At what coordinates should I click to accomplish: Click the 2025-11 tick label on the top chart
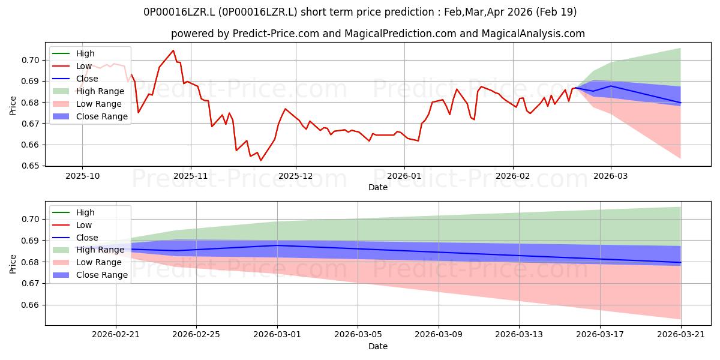[191, 176]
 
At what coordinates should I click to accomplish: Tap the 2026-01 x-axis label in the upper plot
[404, 176]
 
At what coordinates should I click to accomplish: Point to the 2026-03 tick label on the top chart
[611, 176]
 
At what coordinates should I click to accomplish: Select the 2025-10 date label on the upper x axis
[83, 176]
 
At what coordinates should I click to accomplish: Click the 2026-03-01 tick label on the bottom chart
[277, 335]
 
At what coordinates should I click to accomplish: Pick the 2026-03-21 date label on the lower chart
[681, 335]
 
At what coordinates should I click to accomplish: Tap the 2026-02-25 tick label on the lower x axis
[196, 335]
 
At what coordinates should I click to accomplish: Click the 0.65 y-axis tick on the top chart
[30, 166]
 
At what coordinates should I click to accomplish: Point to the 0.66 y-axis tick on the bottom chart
[30, 305]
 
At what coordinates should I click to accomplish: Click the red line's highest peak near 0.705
[173, 50]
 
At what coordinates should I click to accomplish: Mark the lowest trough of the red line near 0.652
[260, 160]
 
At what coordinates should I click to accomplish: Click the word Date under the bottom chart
[377, 346]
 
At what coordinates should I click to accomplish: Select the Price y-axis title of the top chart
[13, 106]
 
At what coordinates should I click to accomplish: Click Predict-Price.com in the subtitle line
[276, 34]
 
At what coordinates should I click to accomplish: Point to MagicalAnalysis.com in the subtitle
[533, 34]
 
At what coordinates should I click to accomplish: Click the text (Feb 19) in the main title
[556, 12]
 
